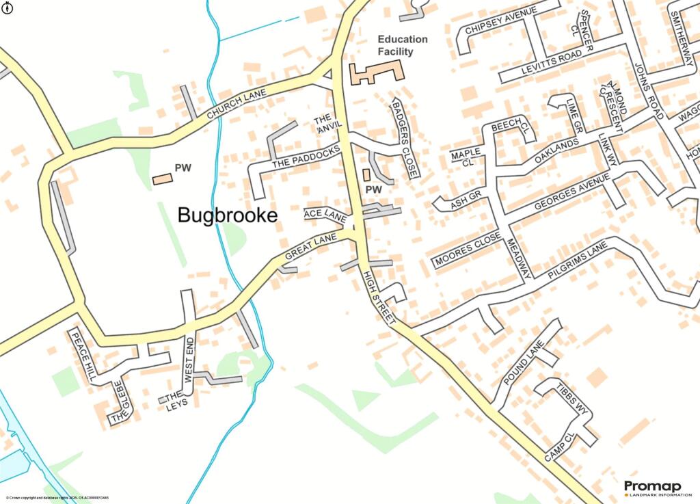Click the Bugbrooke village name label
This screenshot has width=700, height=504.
tap(228, 215)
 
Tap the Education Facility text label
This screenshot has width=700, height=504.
tap(403, 45)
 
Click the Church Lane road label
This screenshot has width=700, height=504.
tap(236, 105)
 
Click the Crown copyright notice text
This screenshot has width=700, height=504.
tap(57, 498)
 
